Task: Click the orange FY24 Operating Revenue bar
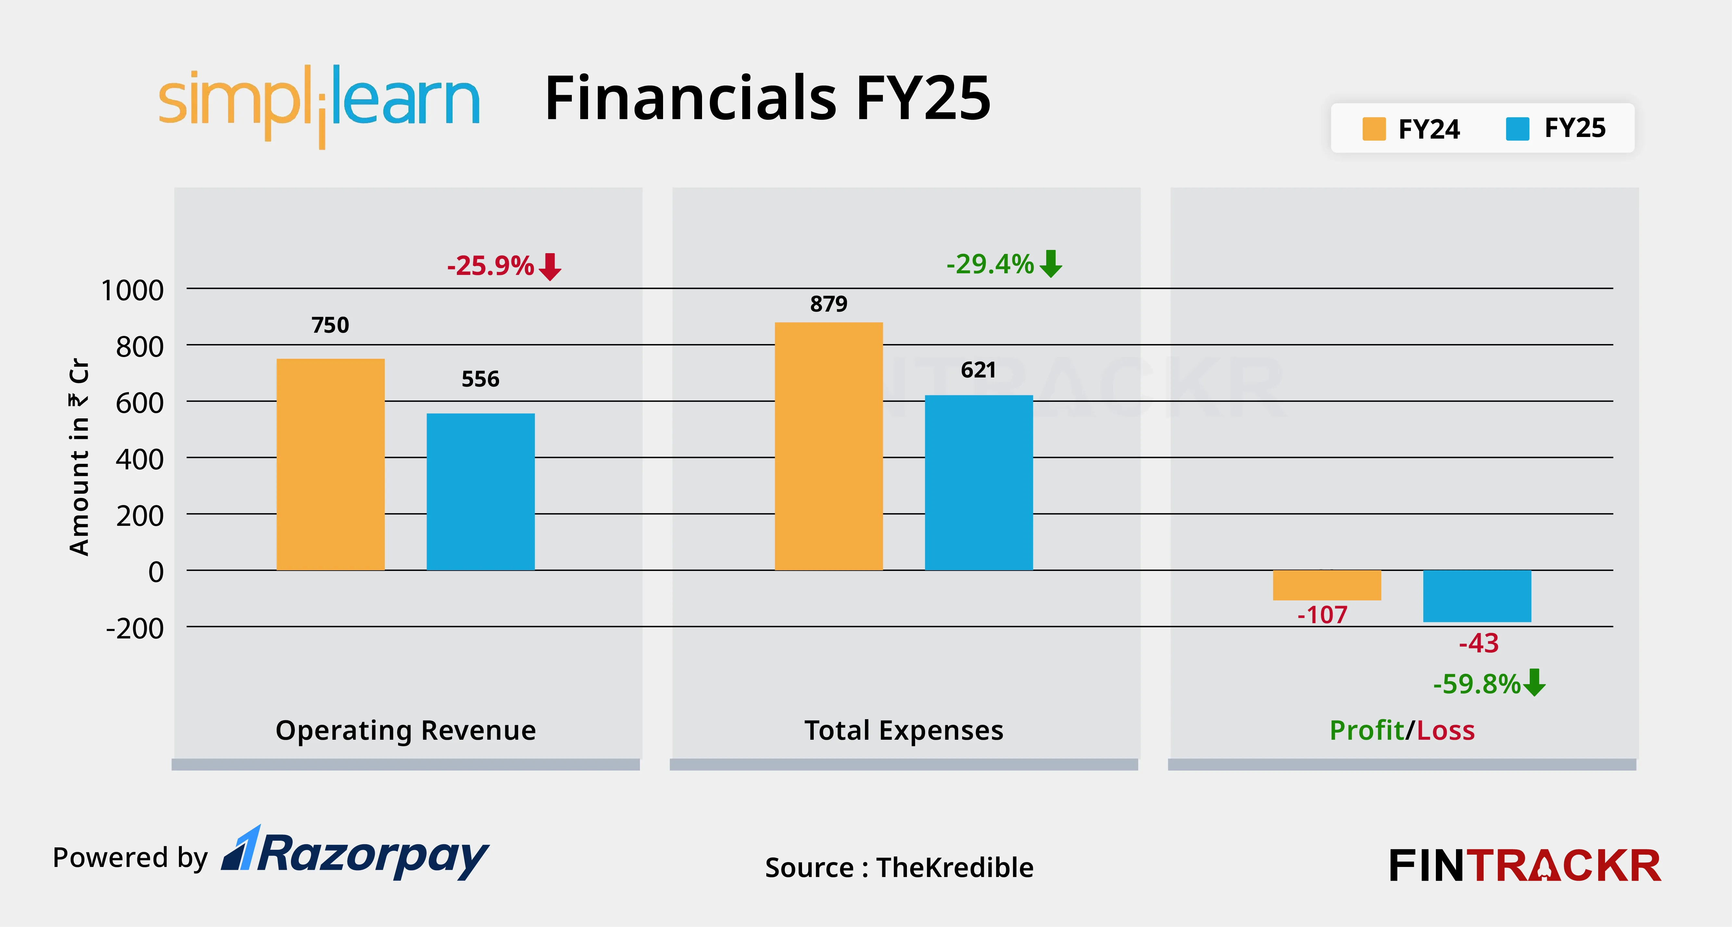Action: [x=330, y=464]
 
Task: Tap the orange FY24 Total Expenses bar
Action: [x=828, y=446]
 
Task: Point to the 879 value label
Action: [x=828, y=304]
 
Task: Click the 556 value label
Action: [x=480, y=379]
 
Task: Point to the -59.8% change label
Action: [x=1476, y=684]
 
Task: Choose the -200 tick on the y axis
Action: [x=134, y=628]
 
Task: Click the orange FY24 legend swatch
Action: [x=1374, y=129]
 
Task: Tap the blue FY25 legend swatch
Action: [x=1517, y=129]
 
